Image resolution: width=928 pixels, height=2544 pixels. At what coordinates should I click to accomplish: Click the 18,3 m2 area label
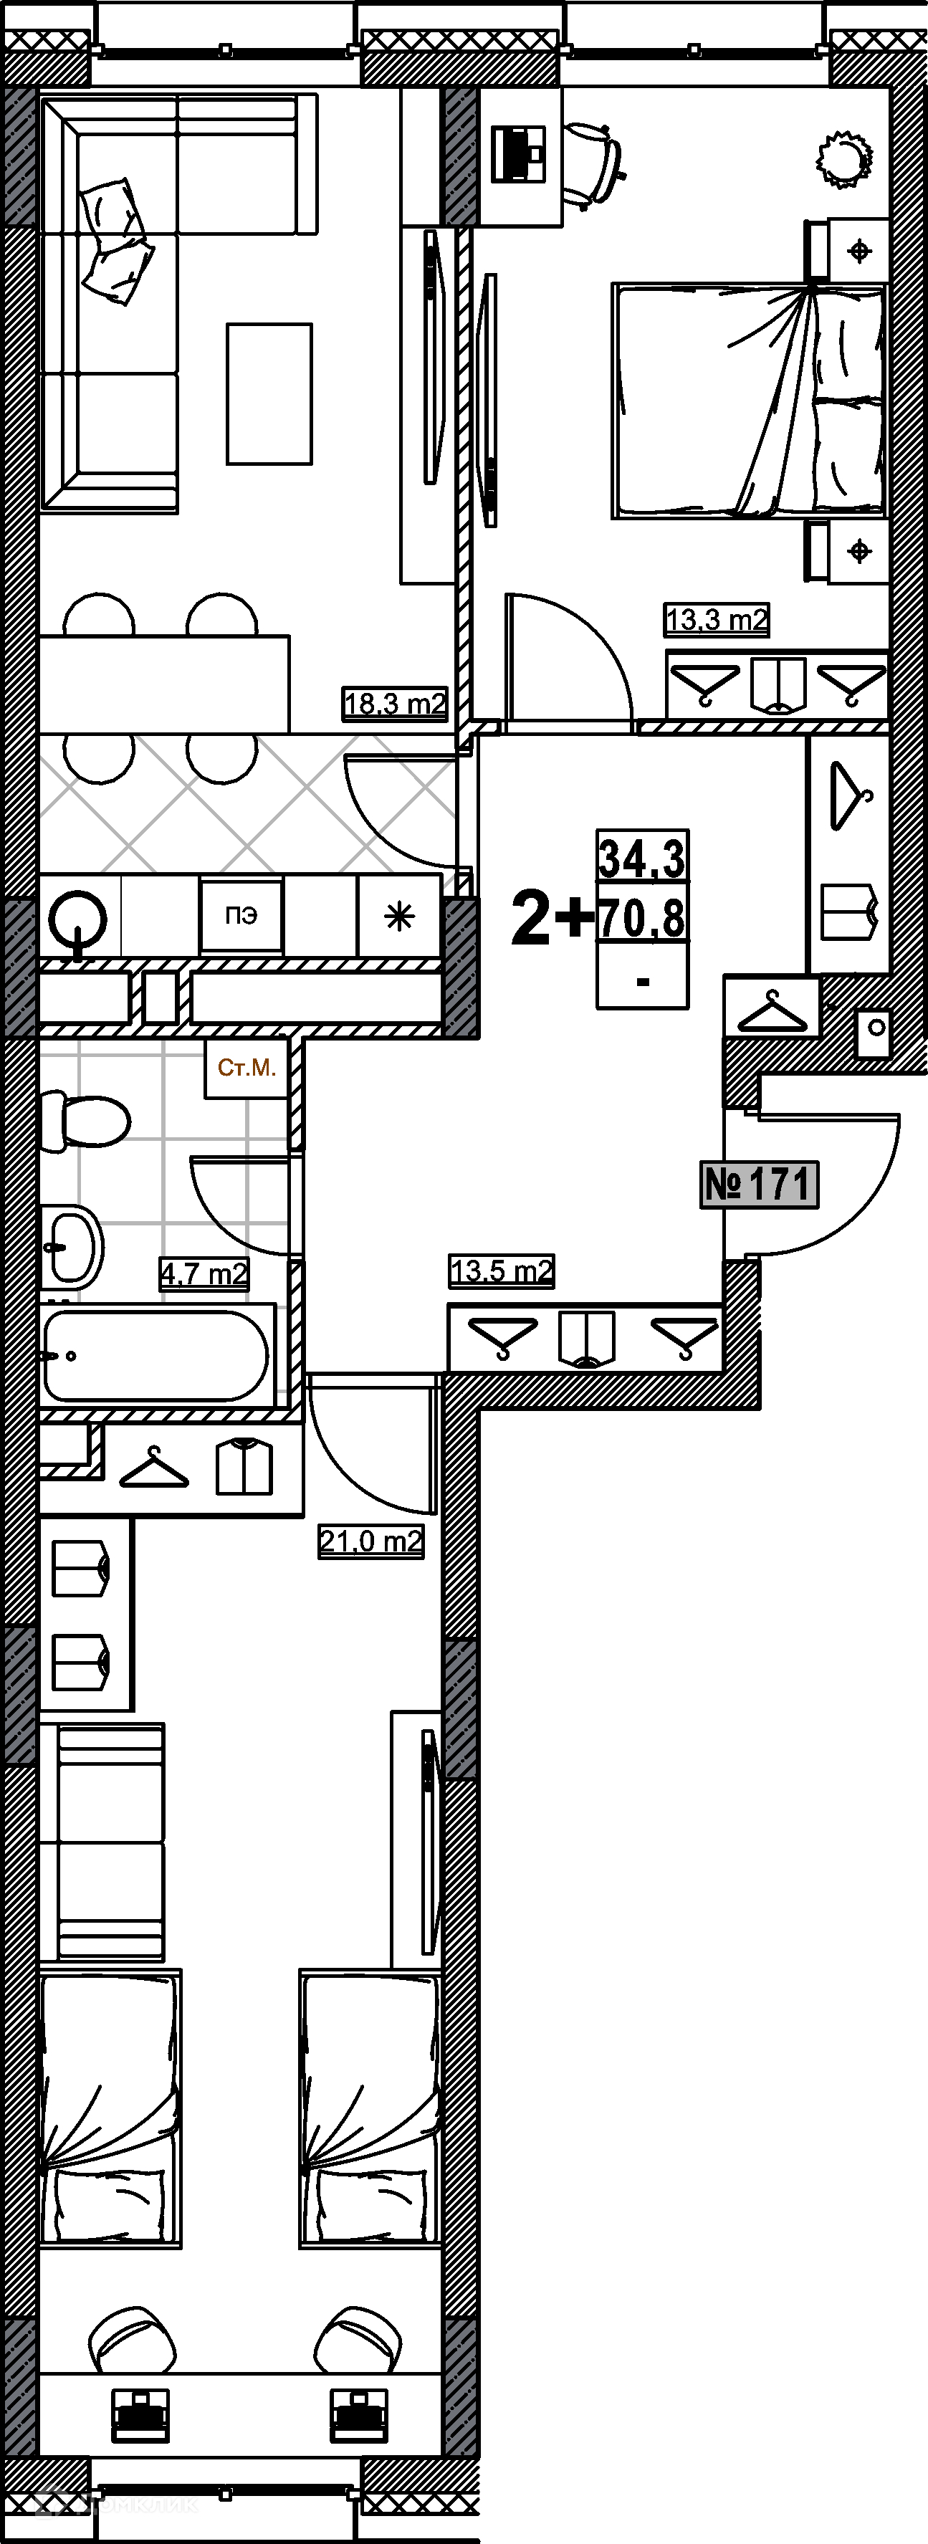395,703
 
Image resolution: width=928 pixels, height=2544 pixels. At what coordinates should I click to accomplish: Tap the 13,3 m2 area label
717,619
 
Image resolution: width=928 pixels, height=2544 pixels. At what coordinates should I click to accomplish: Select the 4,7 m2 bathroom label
204,1274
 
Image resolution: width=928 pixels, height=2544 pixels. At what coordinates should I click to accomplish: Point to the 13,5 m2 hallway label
502,1270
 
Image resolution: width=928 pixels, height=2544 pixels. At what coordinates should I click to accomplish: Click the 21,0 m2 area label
370,1541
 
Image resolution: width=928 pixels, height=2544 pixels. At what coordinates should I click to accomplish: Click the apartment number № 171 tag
759,1183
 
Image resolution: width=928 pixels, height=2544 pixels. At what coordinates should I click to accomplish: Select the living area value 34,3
641,857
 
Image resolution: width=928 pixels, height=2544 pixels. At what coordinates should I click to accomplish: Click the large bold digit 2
531,919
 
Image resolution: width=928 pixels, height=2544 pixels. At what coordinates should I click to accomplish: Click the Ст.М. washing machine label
247,1068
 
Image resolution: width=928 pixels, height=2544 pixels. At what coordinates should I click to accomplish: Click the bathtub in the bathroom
156,1356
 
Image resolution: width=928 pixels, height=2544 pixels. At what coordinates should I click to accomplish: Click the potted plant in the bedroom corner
845,158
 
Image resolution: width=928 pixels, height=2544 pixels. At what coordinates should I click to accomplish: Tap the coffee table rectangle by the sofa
269,393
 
